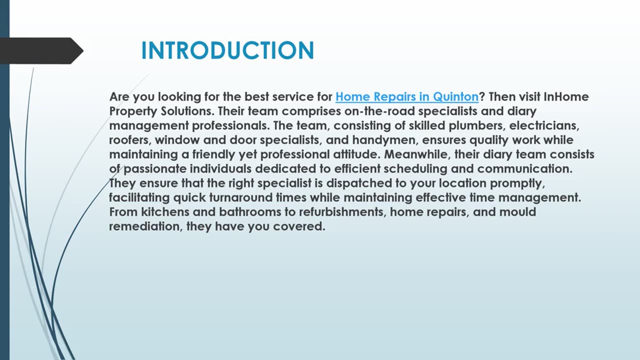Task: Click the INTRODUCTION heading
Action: point(227,50)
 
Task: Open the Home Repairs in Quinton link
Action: point(406,96)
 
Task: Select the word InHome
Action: point(566,96)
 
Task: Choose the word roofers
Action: point(129,140)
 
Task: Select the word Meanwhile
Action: point(415,154)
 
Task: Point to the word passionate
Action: point(158,169)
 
